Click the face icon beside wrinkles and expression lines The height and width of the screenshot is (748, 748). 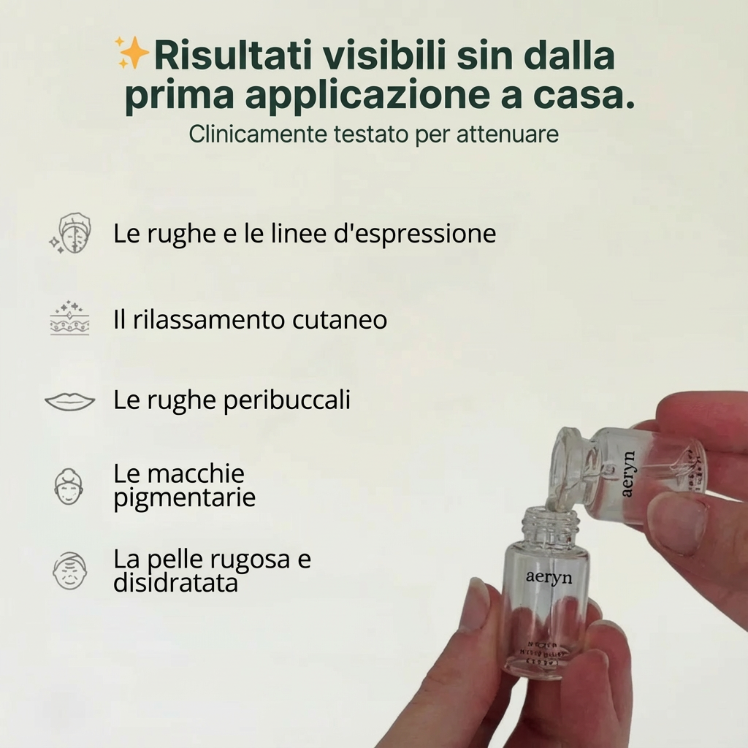71,234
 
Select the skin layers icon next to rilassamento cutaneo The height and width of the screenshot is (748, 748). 69,318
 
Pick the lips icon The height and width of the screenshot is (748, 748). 69,401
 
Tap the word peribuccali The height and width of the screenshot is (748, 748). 295,400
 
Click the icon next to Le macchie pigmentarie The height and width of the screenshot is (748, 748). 69,486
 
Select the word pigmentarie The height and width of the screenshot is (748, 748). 184,498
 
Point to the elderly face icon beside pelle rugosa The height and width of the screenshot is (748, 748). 69,571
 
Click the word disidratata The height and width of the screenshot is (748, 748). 175,584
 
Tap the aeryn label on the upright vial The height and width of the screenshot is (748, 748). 549,577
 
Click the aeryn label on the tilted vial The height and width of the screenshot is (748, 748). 629,474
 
